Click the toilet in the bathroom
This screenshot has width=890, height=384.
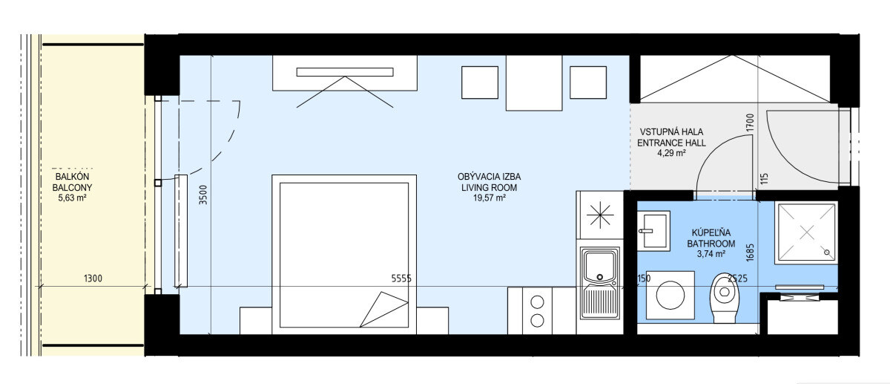725,298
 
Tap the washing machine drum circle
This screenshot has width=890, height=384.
670,296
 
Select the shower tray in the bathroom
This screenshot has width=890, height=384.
806,232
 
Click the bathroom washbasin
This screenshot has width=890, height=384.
653,231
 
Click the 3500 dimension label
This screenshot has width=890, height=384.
203,195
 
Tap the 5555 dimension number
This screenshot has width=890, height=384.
401,279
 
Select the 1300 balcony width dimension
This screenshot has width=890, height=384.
93,278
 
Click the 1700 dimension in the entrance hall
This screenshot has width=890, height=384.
750,123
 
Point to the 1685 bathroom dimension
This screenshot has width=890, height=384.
750,253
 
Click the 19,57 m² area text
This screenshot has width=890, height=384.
489,198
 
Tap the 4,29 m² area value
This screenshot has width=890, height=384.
671,153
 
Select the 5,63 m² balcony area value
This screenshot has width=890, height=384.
73,198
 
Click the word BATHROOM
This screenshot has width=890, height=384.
711,243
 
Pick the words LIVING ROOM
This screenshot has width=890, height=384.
489,187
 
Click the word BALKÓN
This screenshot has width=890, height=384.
73,176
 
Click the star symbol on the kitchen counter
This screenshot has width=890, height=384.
600,215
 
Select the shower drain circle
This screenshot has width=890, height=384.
827,253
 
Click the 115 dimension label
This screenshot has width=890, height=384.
765,178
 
